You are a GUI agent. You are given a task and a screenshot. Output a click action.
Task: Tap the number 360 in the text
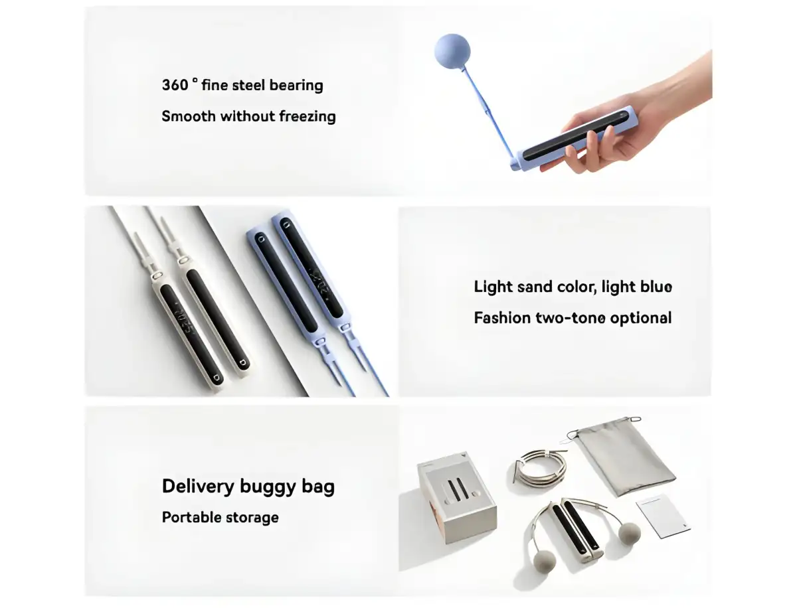175,86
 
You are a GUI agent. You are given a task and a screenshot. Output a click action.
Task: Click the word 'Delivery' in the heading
197,487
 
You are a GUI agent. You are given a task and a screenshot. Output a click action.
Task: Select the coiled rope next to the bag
540,465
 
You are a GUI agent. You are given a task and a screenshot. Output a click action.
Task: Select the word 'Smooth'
189,117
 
